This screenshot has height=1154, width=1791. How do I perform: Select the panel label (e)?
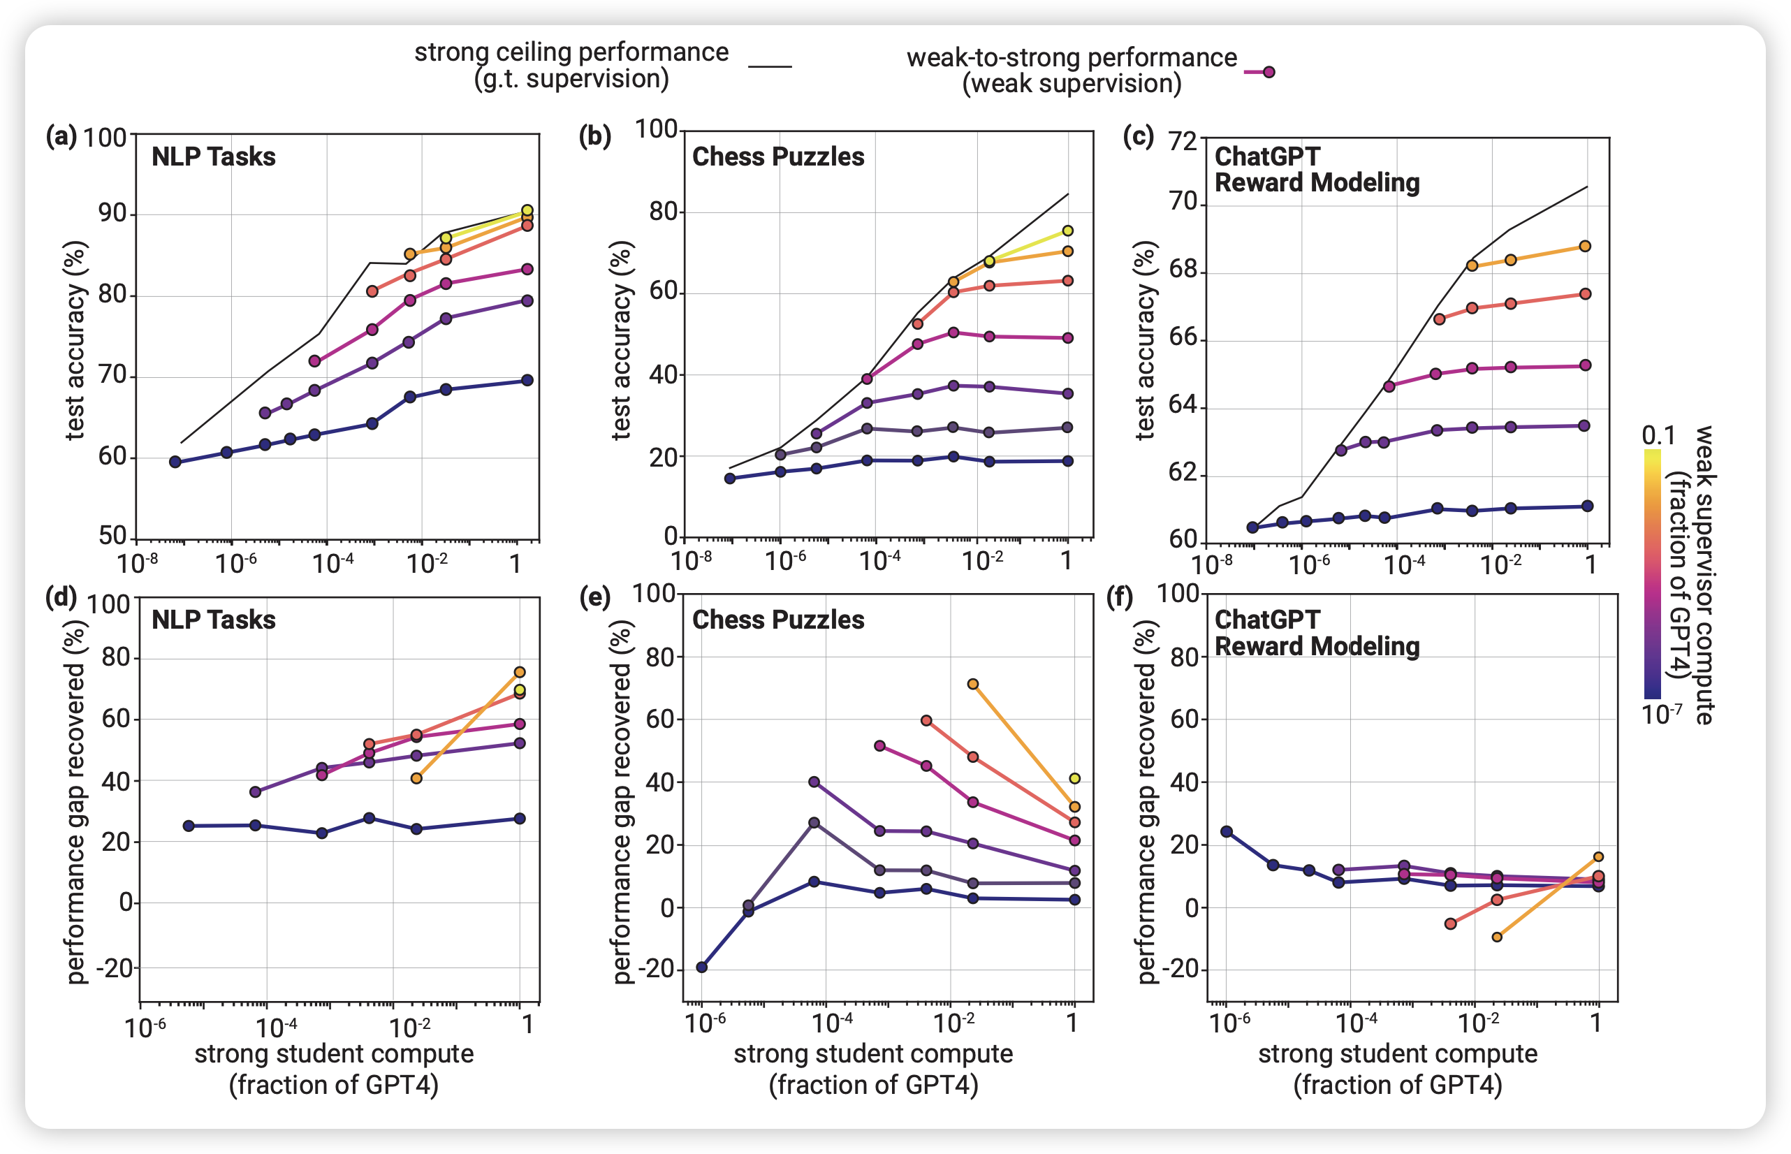coord(596,597)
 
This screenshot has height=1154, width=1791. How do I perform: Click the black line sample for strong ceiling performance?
coord(770,66)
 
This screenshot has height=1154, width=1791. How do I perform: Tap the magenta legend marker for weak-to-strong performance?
coord(1268,72)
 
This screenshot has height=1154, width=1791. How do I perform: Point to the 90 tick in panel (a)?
coord(112,214)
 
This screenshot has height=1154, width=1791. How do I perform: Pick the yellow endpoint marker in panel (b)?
coord(1068,231)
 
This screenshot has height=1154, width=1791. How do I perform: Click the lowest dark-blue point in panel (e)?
coord(702,967)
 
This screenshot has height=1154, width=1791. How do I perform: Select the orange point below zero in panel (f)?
coord(1497,937)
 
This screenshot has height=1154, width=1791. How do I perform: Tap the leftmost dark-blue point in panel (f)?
coord(1227,832)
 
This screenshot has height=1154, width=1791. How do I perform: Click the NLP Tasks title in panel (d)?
coord(214,620)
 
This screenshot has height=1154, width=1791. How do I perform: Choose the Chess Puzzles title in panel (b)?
coord(778,156)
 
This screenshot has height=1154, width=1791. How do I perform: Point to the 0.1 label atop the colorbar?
coord(1658,435)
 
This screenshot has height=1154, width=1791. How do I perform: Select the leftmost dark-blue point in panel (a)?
coord(175,462)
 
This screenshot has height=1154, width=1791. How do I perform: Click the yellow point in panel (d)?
coord(519,689)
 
